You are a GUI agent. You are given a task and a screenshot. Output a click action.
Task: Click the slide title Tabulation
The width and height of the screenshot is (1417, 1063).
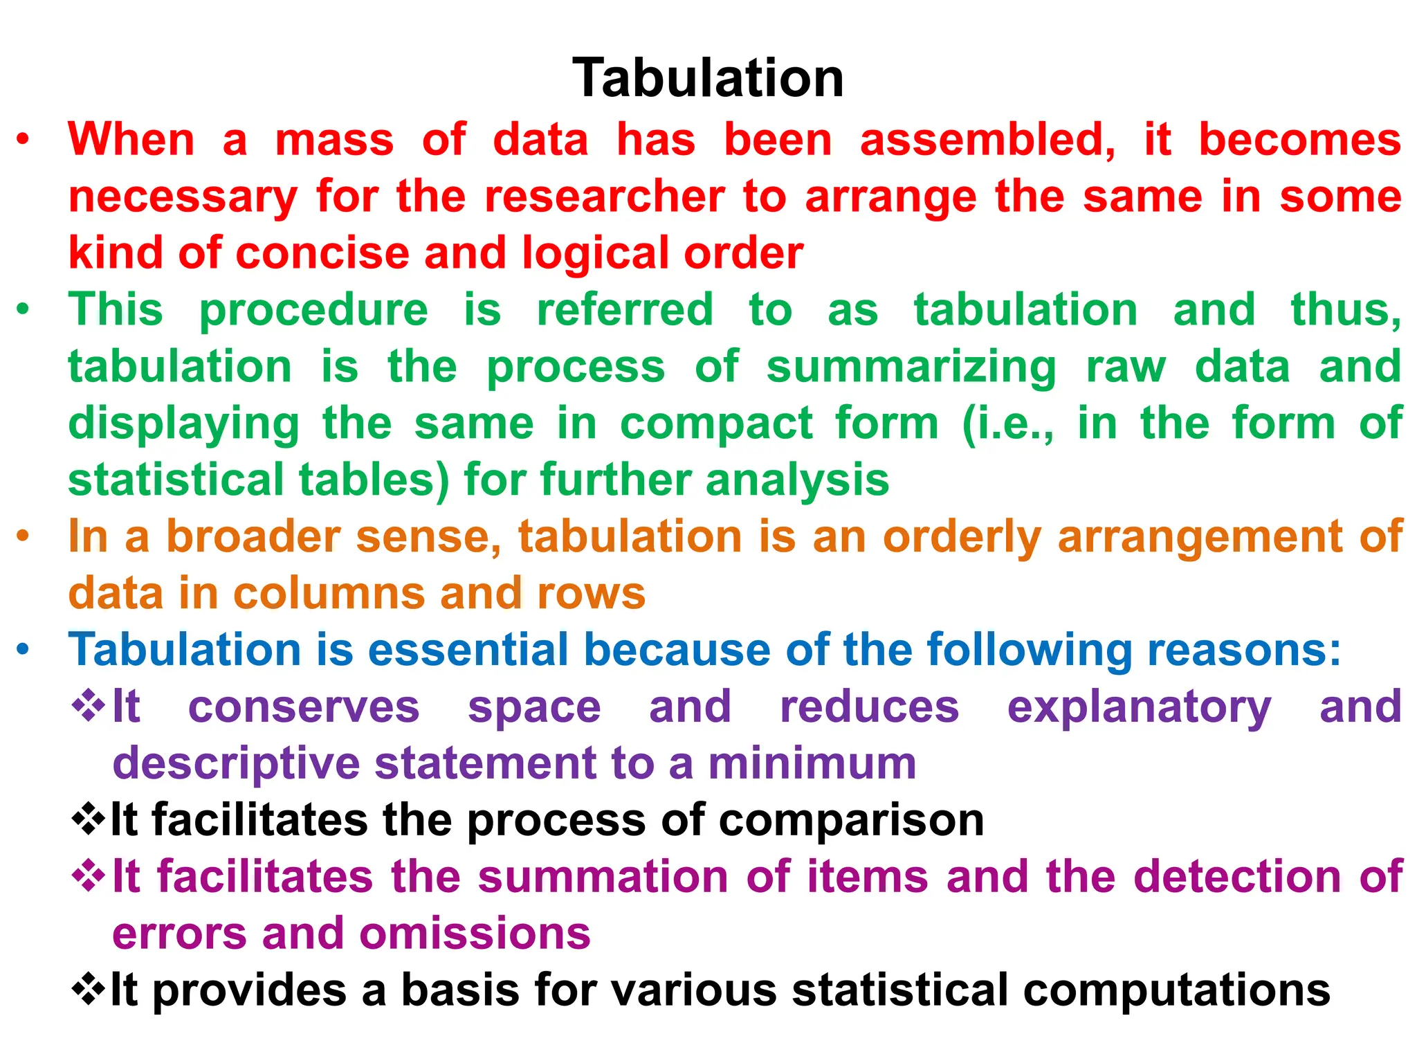[708, 78]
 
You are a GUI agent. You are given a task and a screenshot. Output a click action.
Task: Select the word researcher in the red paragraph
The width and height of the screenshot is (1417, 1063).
[605, 197]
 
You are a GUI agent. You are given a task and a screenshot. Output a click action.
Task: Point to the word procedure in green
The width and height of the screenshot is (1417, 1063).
[313, 310]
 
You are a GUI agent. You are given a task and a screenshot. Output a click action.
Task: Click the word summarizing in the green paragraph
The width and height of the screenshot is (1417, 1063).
[911, 367]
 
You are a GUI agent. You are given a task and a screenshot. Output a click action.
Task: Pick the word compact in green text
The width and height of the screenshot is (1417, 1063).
[715, 424]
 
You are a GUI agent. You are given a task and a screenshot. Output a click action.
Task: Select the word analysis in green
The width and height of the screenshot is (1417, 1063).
[797, 480]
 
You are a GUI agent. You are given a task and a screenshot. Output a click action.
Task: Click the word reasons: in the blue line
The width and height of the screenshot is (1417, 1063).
[1244, 651]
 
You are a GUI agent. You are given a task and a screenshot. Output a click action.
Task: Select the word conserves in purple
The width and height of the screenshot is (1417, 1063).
[304, 707]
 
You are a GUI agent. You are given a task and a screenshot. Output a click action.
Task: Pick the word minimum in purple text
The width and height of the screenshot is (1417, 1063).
[812, 764]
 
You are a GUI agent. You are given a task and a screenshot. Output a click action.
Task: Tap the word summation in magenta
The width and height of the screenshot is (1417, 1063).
[603, 878]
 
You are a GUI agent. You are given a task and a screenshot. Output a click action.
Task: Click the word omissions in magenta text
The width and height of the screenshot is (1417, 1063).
[475, 934]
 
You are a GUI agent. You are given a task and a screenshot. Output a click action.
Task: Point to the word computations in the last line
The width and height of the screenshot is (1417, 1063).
[1176, 991]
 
